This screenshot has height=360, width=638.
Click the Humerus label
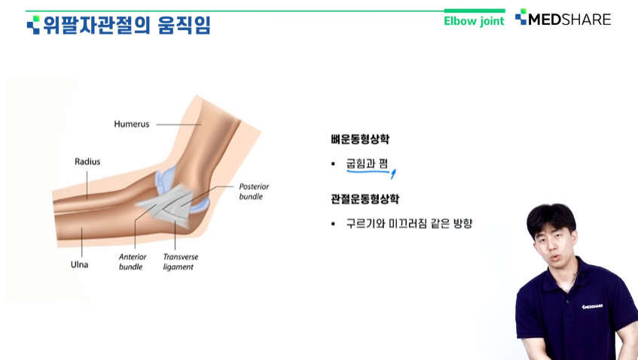[x=131, y=124]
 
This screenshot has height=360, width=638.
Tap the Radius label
[x=87, y=161]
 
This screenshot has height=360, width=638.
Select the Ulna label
[x=79, y=264]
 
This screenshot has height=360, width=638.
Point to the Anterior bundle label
[x=133, y=261]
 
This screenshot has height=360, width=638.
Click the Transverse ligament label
[x=181, y=261]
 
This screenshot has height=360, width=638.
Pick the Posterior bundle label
[x=254, y=191]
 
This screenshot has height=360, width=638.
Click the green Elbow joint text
[x=474, y=21]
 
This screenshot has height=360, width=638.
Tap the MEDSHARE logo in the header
[x=563, y=19]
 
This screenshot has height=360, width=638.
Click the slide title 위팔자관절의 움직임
[x=127, y=25]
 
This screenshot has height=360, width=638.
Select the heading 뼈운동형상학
[x=360, y=139]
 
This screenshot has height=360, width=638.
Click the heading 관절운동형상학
[x=365, y=199]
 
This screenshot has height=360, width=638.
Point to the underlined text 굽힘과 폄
[x=367, y=163]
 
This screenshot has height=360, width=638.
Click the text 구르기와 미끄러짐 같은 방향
[x=409, y=224]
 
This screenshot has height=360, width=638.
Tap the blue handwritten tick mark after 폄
[x=393, y=174]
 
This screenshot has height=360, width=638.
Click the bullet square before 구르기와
[x=333, y=224]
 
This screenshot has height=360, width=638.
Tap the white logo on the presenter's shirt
[x=592, y=307]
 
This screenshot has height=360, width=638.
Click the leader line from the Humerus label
[x=179, y=124]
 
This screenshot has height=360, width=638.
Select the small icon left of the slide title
[x=33, y=25]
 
